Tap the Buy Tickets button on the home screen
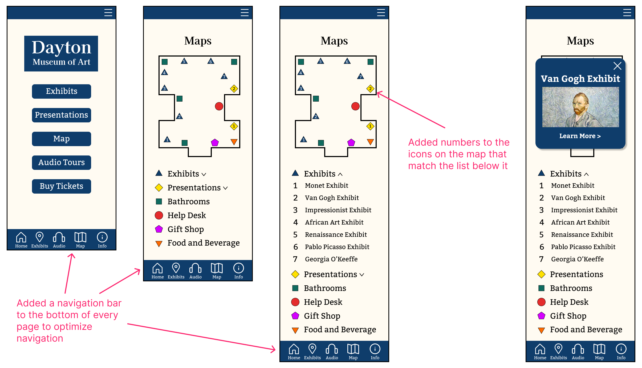61,186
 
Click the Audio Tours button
61,162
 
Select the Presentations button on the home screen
61,115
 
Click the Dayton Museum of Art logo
61,53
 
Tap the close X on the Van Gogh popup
617,66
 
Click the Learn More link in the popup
580,136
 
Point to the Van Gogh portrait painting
580,107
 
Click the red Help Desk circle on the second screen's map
219,106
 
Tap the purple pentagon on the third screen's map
351,143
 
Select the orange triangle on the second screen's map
234,142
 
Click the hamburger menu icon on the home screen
108,13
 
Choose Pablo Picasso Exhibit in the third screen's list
337,247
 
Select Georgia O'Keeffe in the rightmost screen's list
577,259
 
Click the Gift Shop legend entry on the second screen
185,229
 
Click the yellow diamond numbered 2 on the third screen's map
370,89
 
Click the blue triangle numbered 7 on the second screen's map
224,76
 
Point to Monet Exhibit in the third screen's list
326,186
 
